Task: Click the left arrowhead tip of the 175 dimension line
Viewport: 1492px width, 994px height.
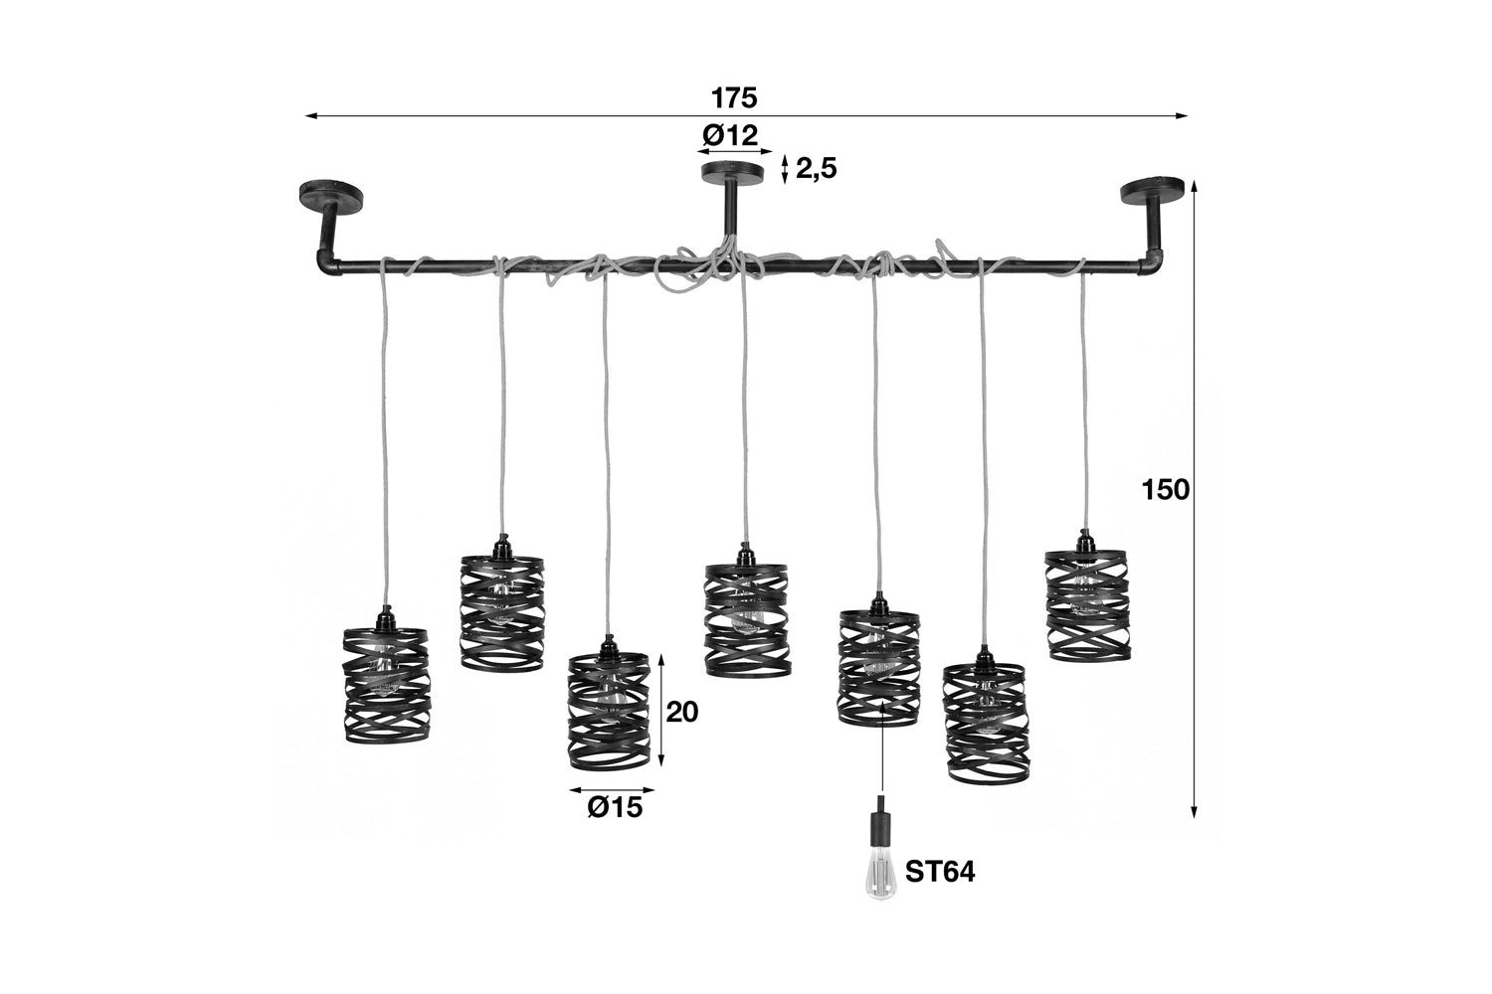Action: pos(305,116)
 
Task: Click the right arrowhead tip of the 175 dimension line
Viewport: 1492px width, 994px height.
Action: pos(1188,116)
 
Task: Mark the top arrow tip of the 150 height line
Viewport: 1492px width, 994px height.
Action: pos(1195,181)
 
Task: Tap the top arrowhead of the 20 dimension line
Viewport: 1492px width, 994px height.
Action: pos(661,654)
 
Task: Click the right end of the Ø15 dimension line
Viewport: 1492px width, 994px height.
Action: pos(654,790)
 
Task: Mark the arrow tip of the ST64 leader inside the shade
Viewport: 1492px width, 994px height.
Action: pos(882,701)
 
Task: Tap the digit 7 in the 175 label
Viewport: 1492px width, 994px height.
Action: pos(735,98)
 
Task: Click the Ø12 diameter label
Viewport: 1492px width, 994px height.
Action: pos(730,136)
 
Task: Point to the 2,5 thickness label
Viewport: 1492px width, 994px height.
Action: pos(816,169)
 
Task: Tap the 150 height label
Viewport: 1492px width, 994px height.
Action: pos(1166,489)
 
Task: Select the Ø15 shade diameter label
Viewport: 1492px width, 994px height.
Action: pos(615,807)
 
